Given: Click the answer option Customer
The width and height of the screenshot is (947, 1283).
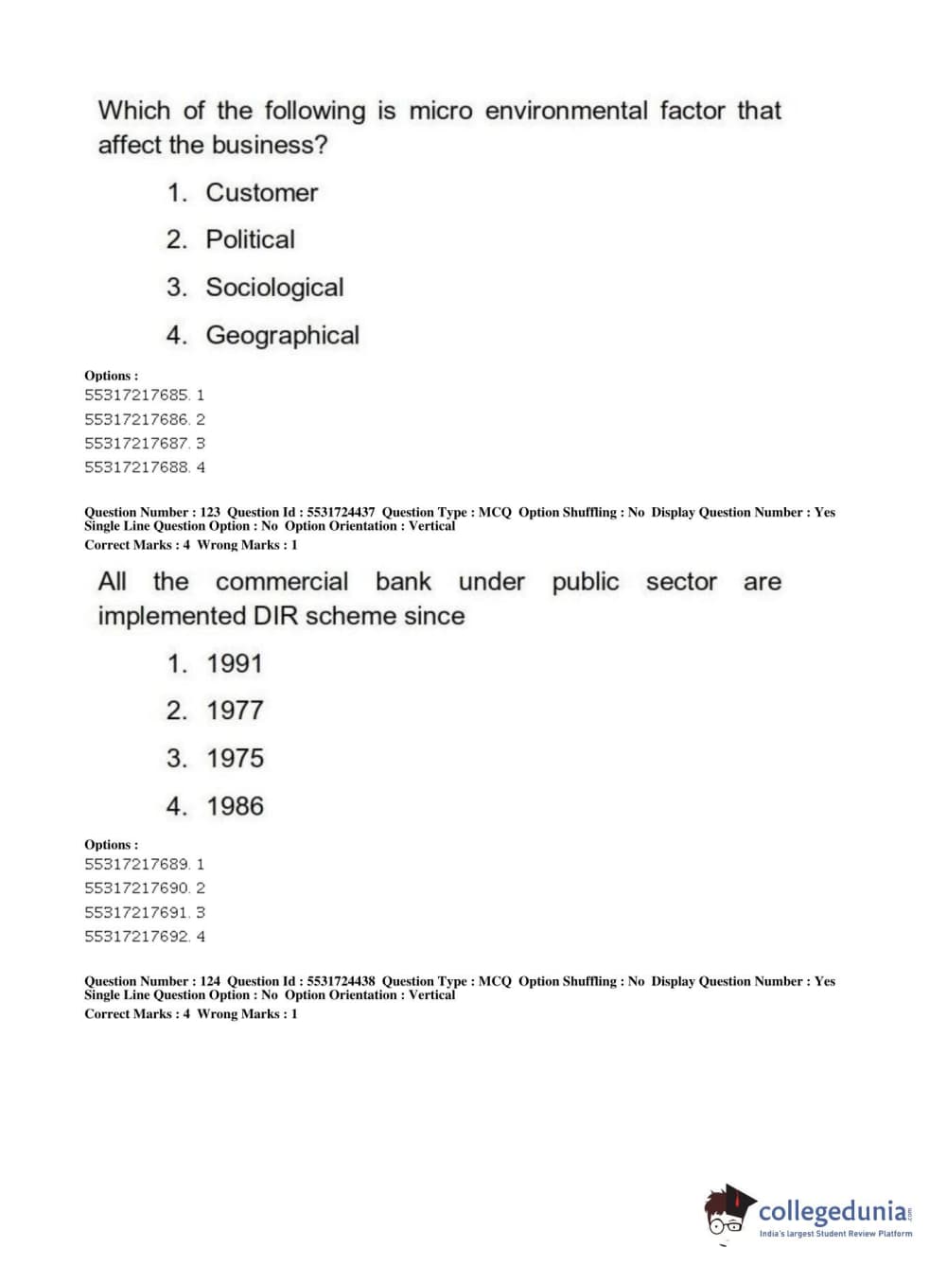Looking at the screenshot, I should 261,193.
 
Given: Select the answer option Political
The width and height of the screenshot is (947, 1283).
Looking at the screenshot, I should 250,239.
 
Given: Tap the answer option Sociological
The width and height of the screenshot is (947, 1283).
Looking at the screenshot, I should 274,288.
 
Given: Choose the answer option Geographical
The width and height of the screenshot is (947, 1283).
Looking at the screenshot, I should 282,336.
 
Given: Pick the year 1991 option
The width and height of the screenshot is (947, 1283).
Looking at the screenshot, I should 234,664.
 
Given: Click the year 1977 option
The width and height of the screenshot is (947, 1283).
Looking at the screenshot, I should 235,711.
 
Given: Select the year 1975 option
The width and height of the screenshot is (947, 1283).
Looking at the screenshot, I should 235,759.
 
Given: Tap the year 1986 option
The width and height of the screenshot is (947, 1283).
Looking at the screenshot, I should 235,807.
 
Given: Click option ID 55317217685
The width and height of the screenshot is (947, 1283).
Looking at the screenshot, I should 137,395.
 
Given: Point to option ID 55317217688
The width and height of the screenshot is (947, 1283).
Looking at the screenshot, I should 137,467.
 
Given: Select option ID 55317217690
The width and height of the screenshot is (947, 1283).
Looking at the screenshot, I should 137,888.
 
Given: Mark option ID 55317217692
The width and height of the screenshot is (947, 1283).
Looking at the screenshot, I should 137,937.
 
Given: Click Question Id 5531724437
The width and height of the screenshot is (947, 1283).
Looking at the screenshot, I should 341,512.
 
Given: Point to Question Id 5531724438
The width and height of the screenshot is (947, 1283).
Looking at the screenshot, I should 341,981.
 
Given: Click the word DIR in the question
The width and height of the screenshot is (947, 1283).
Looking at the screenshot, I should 275,616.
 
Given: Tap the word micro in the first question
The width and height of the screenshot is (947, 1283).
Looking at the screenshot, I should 440,112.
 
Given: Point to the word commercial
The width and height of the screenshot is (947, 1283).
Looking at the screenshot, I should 282,582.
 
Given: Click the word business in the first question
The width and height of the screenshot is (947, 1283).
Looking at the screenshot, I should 267,146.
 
